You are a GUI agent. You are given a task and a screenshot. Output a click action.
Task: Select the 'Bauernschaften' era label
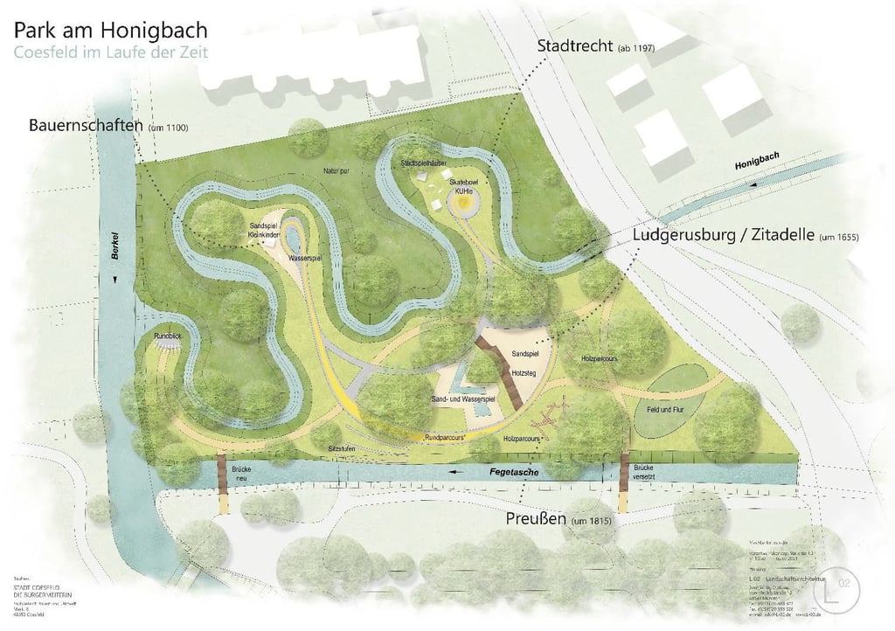86,126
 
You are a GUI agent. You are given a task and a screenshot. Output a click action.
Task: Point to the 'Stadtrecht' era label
575,45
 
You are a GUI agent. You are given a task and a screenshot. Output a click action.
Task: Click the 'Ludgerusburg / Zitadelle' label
725,236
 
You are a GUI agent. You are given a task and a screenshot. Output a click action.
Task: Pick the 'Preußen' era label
536,519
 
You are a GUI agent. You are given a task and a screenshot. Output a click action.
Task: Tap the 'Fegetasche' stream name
511,472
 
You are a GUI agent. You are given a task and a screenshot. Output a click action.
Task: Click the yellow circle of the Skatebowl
463,202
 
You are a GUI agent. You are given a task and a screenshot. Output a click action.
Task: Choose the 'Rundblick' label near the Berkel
167,336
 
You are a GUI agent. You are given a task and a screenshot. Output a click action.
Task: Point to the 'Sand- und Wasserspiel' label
463,399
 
